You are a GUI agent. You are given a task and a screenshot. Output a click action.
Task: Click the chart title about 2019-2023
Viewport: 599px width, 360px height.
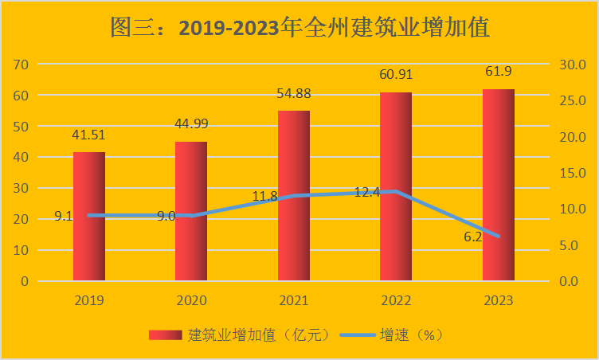299,28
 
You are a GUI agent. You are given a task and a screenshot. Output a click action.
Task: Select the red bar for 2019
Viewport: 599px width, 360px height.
89,216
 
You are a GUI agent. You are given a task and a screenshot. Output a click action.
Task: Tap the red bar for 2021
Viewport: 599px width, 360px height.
294,195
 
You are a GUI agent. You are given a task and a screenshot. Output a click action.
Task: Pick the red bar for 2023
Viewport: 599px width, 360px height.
499,185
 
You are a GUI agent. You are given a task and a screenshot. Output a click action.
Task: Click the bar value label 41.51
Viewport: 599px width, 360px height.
89,135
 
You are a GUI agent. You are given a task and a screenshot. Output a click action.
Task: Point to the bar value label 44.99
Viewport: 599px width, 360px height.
191,123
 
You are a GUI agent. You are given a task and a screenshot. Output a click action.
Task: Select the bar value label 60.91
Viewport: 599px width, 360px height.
396,75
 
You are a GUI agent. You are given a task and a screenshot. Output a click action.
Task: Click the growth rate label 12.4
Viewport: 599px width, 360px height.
366,192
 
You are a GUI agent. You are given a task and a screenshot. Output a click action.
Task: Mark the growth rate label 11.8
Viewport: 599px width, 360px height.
264,196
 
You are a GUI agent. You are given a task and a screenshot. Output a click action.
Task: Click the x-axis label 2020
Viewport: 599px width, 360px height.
191,301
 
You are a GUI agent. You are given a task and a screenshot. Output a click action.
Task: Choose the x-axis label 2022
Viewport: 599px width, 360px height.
396,301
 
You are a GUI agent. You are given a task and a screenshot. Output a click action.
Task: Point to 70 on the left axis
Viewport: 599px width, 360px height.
22,65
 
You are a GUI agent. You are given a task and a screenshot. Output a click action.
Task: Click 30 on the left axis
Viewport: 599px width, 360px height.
22,189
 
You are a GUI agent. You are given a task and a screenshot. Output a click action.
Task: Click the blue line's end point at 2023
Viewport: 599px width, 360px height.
499,237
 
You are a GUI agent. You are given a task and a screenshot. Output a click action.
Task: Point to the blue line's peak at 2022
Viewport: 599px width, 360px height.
396,192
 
